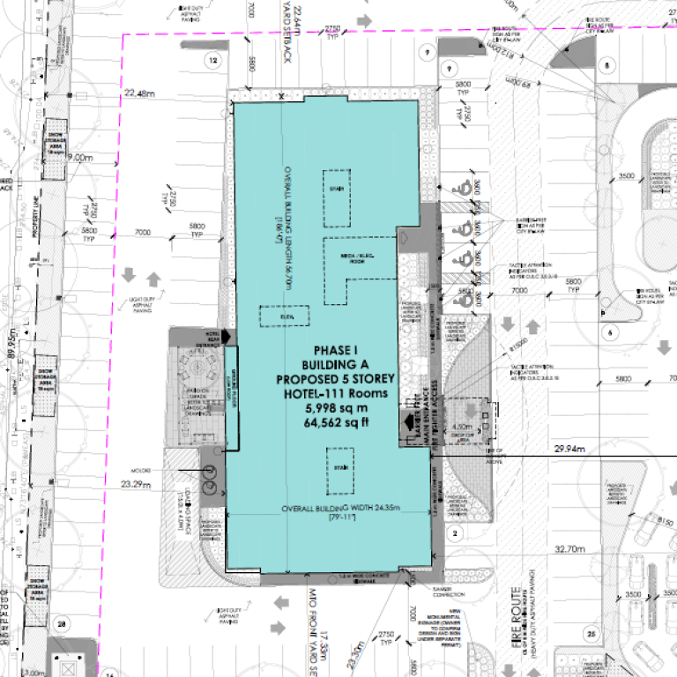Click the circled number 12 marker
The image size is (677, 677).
(211, 60)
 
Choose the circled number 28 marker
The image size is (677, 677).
(62, 624)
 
